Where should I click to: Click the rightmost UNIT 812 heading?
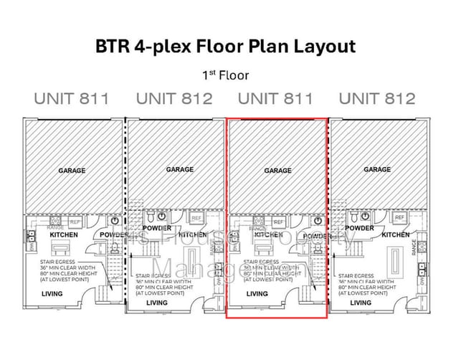[376, 98]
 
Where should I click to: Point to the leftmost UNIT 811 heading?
[72, 98]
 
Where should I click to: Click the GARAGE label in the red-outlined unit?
[277, 171]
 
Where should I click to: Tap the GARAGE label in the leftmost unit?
[72, 171]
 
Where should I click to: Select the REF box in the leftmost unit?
[75, 222]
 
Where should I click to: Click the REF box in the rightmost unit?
[399, 217]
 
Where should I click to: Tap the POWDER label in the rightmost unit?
[359, 229]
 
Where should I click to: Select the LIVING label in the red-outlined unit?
[256, 294]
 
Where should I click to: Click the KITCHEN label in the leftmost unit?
[63, 235]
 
